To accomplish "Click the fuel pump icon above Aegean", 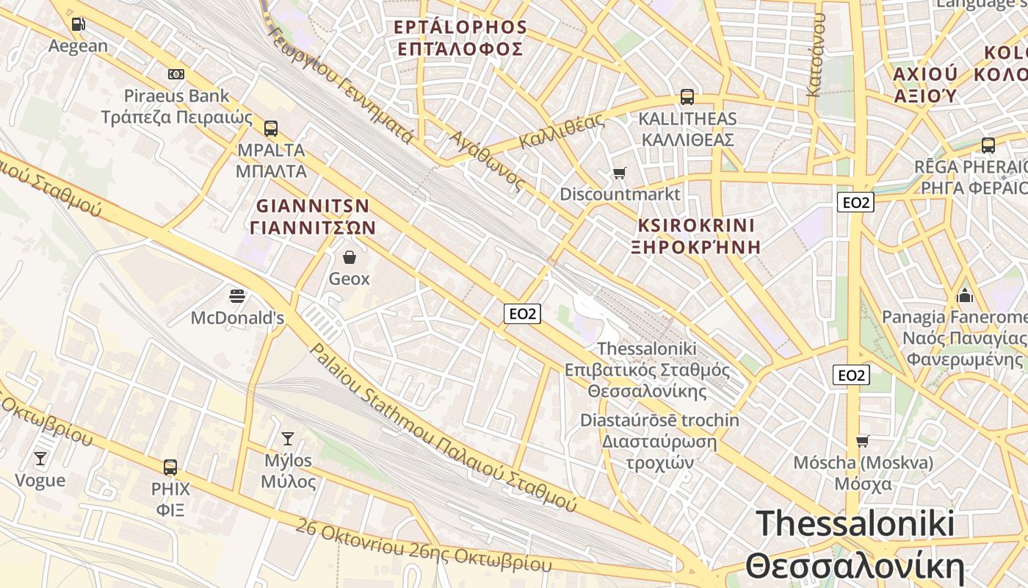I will coord(78,24).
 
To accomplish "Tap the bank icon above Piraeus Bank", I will coord(176,74).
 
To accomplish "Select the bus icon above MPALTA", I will coord(271,129).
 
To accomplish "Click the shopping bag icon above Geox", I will coord(350,257).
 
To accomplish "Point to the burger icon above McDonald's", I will coord(237,296).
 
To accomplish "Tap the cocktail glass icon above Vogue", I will coord(40,459).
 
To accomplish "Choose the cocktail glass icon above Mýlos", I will coord(288,439).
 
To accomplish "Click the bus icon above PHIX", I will coord(170,467).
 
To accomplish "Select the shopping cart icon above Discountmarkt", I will coord(620,173).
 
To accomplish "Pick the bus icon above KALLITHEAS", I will coord(687,97).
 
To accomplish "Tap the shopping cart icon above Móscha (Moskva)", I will coord(863,441).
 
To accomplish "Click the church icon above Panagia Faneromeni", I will coord(965,295).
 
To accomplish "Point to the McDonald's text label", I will coord(237,318).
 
